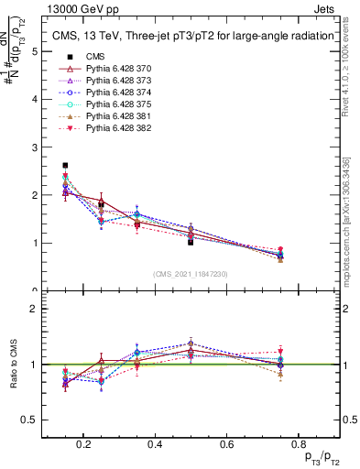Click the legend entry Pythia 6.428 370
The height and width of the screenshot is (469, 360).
pyautogui.click(x=116, y=70)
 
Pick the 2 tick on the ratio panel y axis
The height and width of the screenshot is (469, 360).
pyautogui.click(x=34, y=309)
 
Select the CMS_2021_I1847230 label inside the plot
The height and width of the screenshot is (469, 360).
pyautogui.click(x=190, y=274)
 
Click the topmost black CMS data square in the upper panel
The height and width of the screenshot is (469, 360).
pyautogui.click(x=65, y=166)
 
